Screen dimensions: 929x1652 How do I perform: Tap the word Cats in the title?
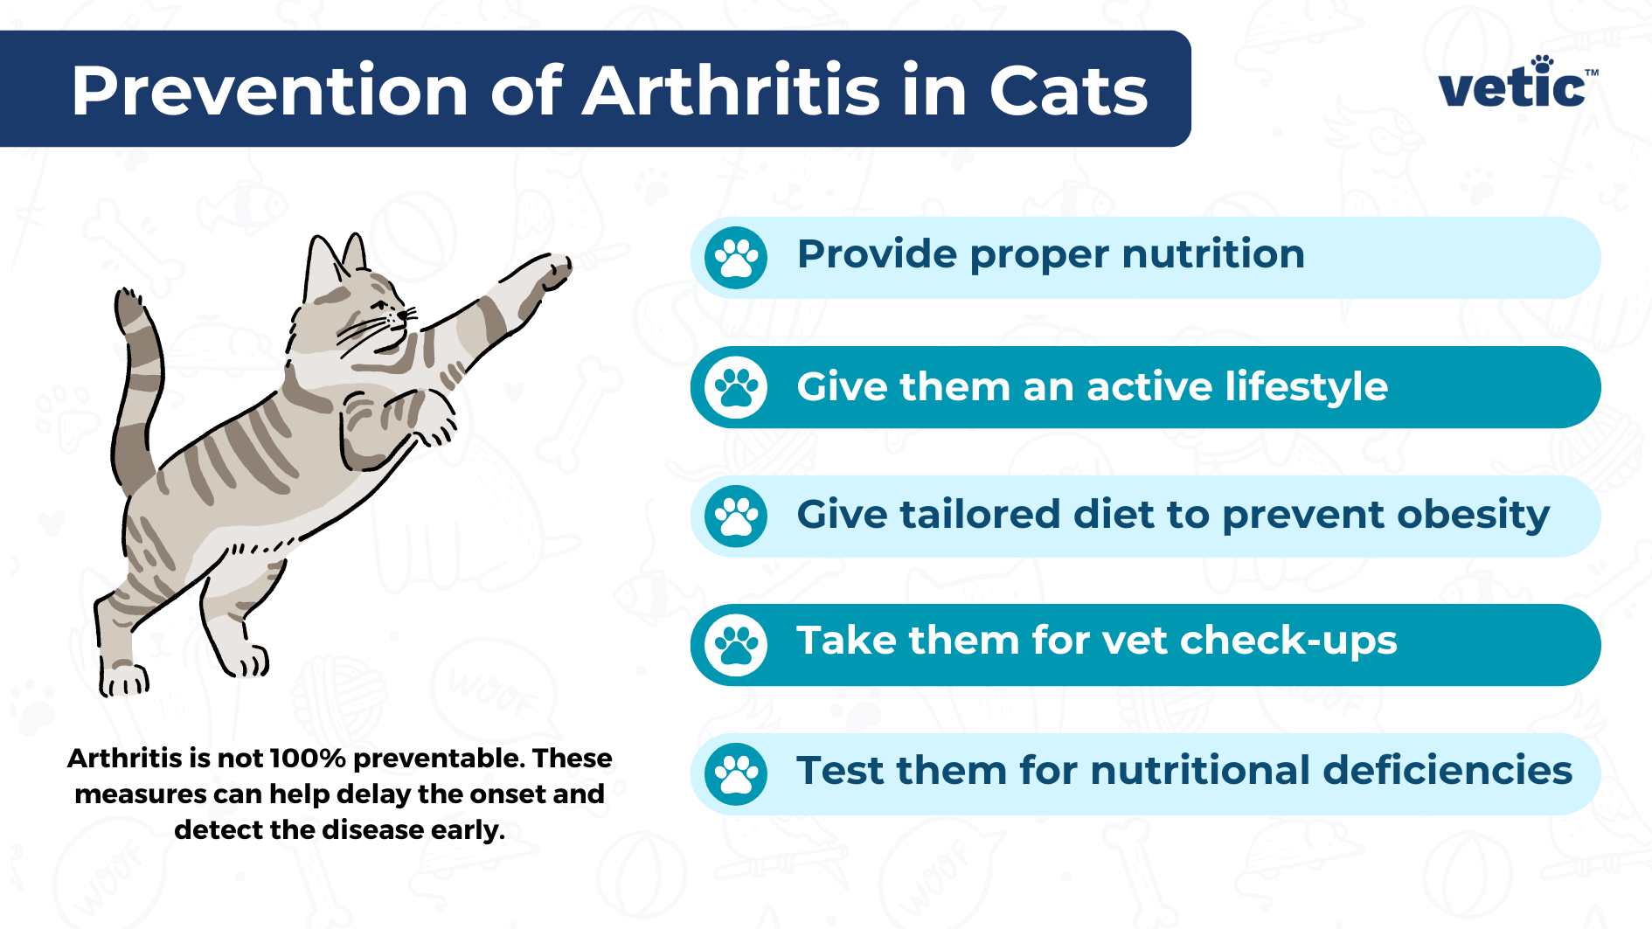1067,91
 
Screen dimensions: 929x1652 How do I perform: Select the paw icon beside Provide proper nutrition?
736,258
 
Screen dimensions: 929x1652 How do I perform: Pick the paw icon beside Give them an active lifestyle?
736,387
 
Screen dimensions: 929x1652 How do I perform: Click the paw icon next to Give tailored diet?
736,516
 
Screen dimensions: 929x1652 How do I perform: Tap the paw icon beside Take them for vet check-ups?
736,645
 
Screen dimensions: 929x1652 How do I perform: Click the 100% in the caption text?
307,758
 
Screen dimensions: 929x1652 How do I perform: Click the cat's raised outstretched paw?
552,269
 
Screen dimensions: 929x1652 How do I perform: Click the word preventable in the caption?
432,759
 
